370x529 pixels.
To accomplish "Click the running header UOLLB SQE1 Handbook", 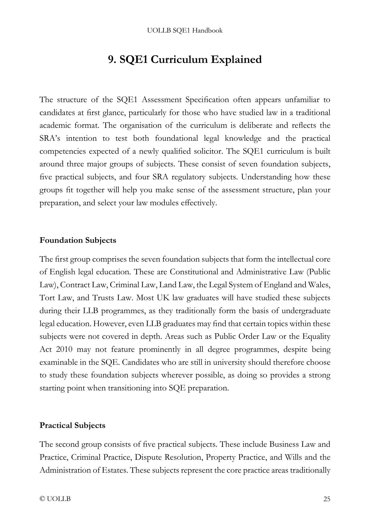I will pyautogui.click(x=185, y=31).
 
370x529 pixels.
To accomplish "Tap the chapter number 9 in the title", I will pyautogui.click(x=111, y=60).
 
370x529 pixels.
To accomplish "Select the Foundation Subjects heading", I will pyautogui.click(x=78, y=240).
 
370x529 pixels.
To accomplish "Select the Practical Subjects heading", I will pyautogui.click(x=72, y=426).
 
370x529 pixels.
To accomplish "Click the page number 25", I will pyautogui.click(x=327, y=499).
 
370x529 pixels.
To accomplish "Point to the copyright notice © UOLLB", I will pyautogui.click(x=55, y=499).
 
